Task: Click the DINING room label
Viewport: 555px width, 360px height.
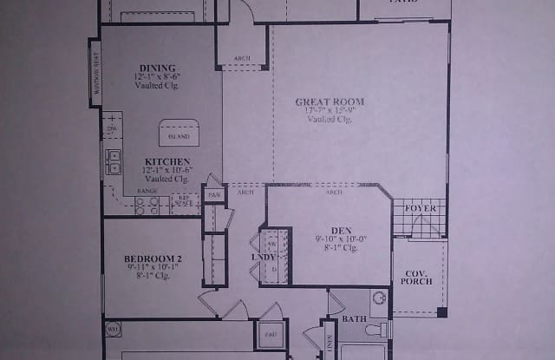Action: (x=157, y=69)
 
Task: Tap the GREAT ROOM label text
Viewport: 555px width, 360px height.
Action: (x=330, y=101)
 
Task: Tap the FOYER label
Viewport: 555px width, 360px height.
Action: (x=421, y=208)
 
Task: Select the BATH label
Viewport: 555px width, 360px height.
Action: (x=354, y=319)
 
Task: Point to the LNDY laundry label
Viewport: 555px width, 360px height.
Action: (x=263, y=257)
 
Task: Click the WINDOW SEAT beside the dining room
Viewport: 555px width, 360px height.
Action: (x=95, y=74)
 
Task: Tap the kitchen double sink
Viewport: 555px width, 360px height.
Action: (x=113, y=162)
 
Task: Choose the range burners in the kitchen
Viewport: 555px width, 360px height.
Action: (x=147, y=206)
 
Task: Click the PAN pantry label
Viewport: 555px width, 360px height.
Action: (x=214, y=194)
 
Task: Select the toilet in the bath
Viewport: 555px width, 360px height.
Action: (x=375, y=329)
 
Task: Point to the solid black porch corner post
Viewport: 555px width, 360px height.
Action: (x=442, y=312)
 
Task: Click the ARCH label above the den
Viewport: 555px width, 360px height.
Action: (x=333, y=193)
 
